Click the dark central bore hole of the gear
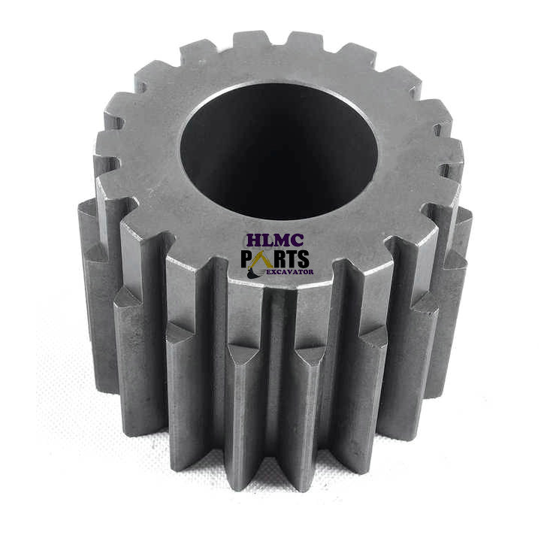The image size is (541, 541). pyautogui.click(x=279, y=152)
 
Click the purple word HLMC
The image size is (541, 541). pyautogui.click(x=275, y=240)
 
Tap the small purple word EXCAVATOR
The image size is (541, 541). pyautogui.click(x=291, y=272)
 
